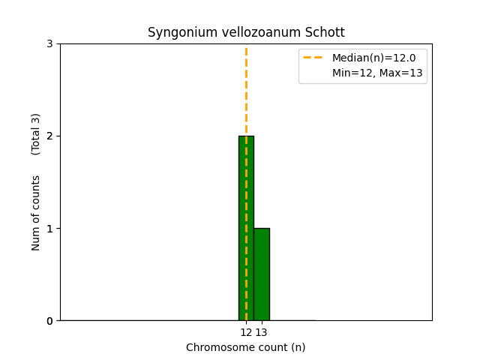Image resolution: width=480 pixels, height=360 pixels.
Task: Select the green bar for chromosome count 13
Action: click(261, 274)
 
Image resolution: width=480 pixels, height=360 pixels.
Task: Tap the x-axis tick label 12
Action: click(246, 332)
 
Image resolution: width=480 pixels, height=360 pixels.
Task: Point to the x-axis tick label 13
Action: click(262, 332)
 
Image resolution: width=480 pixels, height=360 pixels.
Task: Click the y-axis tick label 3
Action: click(49, 43)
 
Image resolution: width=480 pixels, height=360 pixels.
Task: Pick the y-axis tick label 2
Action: click(49, 136)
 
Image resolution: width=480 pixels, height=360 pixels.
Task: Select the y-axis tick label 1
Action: click(49, 228)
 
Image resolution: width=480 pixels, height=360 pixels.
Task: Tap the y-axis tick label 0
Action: click(49, 321)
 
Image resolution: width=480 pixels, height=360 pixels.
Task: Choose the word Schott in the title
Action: click(324, 33)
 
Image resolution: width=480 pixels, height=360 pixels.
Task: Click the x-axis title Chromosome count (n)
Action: click(246, 347)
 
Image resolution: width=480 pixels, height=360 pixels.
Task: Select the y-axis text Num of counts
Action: click(36, 213)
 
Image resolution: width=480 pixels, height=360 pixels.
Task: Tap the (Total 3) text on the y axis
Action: click(36, 133)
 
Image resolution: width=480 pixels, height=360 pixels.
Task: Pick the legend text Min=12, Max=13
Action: click(377, 73)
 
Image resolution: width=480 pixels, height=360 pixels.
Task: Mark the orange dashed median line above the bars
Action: click(246, 90)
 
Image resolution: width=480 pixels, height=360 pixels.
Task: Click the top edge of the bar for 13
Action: click(261, 229)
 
